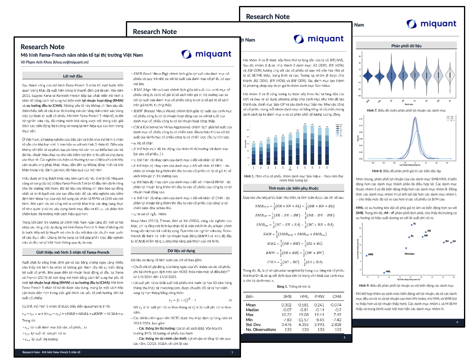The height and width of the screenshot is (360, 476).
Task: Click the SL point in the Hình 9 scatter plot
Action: pyautogui.click(x=411, y=225)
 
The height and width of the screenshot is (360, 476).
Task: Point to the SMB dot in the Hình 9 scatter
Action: pyautogui.click(x=366, y=256)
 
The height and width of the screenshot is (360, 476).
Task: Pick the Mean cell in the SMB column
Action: pyautogui.click(x=287, y=305)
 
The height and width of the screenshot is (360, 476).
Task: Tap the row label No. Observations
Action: pyautogui.click(x=261, y=330)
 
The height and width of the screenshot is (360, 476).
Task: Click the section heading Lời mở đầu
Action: pyautogui.click(x=73, y=76)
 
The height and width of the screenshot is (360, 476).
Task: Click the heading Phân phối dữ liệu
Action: pyautogui.click(x=407, y=46)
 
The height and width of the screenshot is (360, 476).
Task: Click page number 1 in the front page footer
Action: pyautogui.click(x=232, y=352)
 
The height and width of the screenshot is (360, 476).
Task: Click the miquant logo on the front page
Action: pyautogui.click(x=206, y=54)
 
